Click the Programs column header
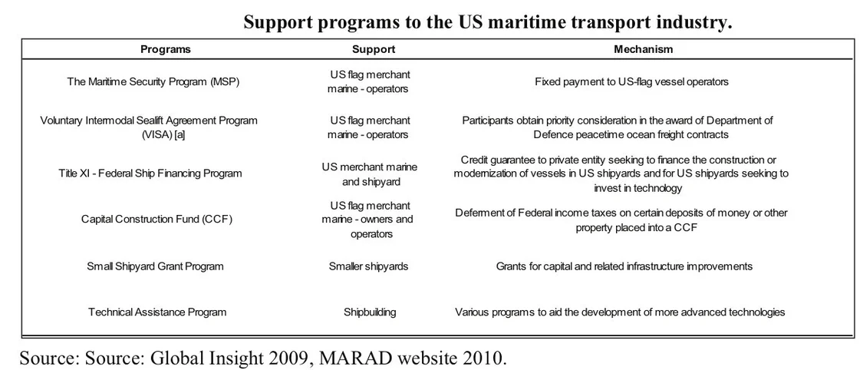tap(165, 49)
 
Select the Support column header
tap(374, 49)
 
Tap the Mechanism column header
tap(643, 49)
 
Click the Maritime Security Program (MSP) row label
tap(153, 81)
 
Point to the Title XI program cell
tap(150, 173)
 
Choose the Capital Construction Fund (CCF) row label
tap(156, 219)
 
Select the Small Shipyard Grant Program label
tap(155, 266)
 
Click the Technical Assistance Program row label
tap(157, 312)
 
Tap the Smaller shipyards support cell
tap(369, 266)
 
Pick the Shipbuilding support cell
tap(370, 312)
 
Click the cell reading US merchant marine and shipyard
tap(369, 174)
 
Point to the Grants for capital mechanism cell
tap(624, 266)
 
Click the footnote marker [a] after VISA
tap(180, 134)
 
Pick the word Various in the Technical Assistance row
tap(471, 312)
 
